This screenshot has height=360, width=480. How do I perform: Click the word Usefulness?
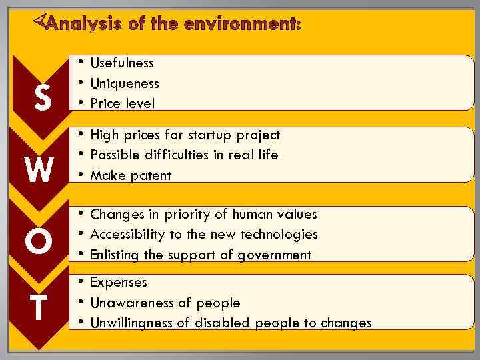pos(121,63)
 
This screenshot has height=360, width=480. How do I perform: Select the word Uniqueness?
pos(124,83)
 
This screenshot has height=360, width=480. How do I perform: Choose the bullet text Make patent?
pos(131,175)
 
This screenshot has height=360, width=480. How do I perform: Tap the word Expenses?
pos(119,282)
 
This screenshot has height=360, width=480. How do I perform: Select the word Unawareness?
pos(132,303)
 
